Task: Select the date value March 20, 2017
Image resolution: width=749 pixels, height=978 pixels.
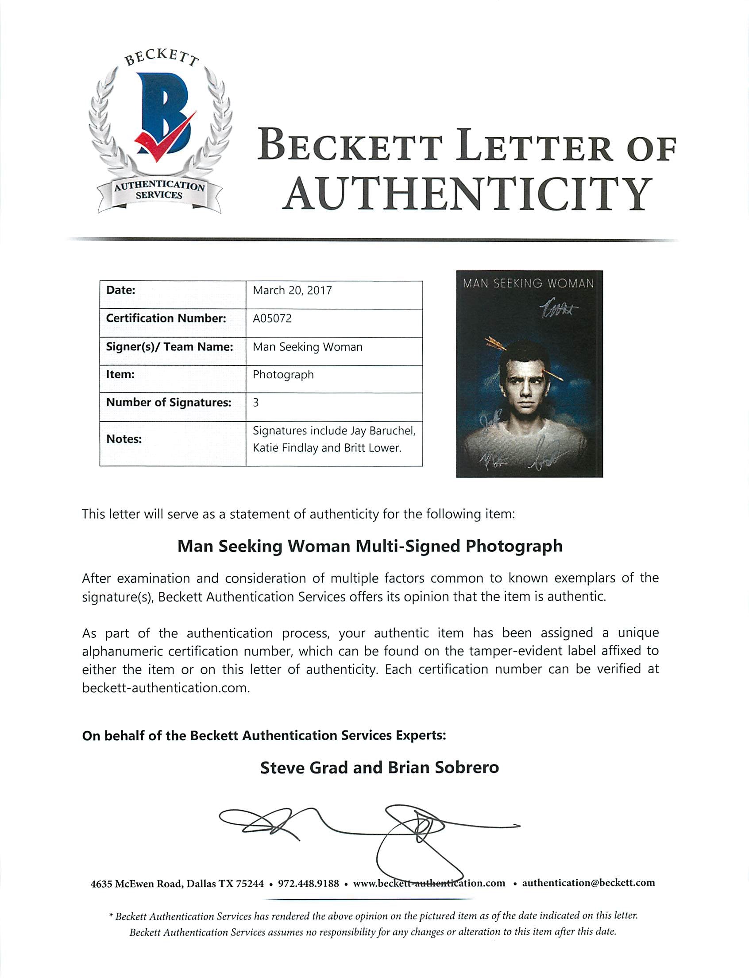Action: tap(292, 291)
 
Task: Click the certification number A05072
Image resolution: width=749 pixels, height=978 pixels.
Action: tap(272, 318)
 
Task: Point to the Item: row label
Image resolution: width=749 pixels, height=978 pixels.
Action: tap(120, 374)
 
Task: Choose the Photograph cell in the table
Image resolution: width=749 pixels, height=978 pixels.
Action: tap(283, 375)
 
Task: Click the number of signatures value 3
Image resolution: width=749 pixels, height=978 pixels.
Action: tap(256, 403)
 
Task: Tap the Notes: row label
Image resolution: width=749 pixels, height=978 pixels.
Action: tap(124, 439)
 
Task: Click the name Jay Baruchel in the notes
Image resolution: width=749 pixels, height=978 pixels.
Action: tap(378, 431)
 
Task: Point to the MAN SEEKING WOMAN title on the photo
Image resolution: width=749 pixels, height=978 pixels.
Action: tap(528, 284)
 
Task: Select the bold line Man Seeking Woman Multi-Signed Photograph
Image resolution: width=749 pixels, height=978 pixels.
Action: tap(370, 546)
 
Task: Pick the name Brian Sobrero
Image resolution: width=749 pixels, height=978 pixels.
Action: tap(443, 768)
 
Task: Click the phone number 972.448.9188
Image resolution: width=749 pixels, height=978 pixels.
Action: tap(308, 884)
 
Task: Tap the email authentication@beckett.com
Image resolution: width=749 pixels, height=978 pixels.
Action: tap(588, 883)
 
